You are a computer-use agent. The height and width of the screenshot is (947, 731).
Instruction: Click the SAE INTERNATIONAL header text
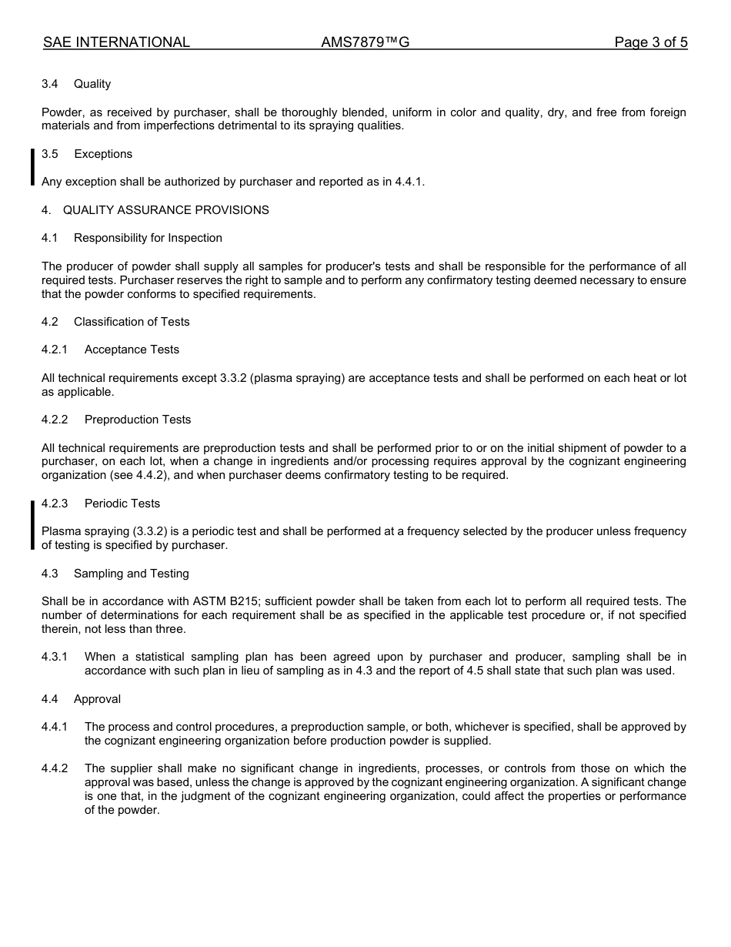(116, 42)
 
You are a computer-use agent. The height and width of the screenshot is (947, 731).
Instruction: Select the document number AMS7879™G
(365, 42)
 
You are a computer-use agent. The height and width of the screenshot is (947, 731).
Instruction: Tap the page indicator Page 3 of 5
(650, 42)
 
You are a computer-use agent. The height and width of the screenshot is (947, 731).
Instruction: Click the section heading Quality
(92, 84)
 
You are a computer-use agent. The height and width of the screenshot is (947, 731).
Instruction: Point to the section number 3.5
(50, 154)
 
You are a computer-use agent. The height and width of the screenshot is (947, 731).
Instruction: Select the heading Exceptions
(103, 154)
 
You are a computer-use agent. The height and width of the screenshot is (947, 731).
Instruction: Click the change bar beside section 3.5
(32, 168)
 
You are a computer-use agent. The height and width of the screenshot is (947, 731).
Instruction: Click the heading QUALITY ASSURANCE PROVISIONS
(165, 210)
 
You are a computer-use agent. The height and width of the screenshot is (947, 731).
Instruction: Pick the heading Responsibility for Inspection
(148, 238)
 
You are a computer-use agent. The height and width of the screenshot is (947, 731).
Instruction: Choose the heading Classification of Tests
(132, 322)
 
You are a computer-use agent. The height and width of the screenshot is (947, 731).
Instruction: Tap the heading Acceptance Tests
(132, 350)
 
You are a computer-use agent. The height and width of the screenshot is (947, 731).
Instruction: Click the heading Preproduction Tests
(138, 420)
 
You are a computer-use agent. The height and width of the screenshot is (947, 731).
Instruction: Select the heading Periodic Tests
(122, 504)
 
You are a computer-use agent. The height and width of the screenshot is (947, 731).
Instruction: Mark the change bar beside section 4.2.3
(32, 524)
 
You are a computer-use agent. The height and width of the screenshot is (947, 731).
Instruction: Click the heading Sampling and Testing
(131, 574)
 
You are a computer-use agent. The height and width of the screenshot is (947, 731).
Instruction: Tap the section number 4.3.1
(55, 657)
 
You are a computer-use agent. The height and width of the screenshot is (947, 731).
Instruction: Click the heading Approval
(97, 699)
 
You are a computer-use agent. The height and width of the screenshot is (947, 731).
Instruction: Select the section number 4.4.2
(55, 768)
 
